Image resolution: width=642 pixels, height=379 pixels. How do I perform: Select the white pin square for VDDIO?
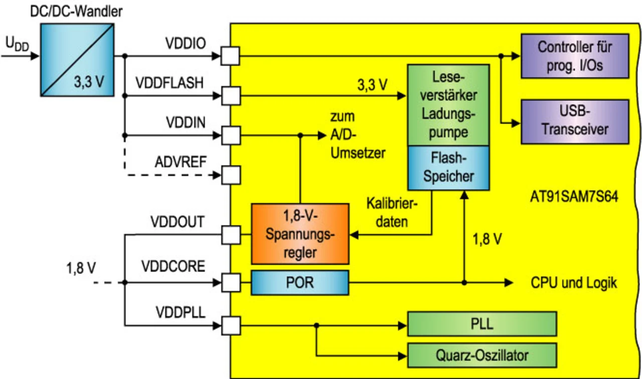[x=231, y=55]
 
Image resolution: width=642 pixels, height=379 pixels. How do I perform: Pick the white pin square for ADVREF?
[x=231, y=175]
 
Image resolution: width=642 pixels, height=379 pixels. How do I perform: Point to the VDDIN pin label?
[x=185, y=122]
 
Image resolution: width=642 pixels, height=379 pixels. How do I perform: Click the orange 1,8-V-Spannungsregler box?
[x=299, y=233]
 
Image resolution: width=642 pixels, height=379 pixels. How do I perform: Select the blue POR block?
[x=299, y=282]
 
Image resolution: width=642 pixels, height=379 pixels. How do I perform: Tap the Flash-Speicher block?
[x=448, y=168]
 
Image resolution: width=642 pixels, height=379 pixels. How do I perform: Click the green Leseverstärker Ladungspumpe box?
[x=448, y=104]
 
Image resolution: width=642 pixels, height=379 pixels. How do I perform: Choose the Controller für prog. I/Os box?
[x=575, y=56]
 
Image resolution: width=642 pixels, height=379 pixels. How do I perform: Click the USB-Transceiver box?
[x=575, y=121]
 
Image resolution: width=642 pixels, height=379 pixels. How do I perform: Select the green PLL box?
[x=482, y=324]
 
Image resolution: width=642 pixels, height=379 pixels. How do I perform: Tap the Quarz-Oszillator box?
[x=482, y=356]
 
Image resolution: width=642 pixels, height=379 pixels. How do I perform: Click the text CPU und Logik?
[x=574, y=283]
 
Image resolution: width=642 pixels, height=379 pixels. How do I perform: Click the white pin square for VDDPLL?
[x=231, y=326]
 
